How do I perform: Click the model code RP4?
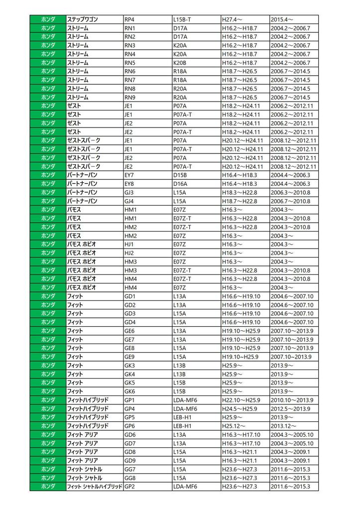coord(129,19)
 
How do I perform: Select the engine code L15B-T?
coord(182,19)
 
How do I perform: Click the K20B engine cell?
coord(180,63)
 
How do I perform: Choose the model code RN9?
coord(129,97)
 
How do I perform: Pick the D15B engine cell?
coord(180,175)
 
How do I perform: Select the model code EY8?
coord(129,184)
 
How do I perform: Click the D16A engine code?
coord(180,184)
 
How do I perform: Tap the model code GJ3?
coord(129,192)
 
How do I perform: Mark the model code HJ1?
coord(129,244)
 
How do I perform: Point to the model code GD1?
coord(129,296)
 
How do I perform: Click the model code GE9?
coord(129,357)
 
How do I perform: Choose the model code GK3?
coord(129,366)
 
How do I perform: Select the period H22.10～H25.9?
coord(241,400)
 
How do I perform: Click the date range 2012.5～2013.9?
coord(292,409)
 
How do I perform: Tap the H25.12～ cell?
coord(234,426)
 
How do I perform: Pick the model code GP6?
coord(129,426)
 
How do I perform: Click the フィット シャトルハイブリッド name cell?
coord(95,487)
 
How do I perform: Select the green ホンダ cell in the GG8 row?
coord(48,478)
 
